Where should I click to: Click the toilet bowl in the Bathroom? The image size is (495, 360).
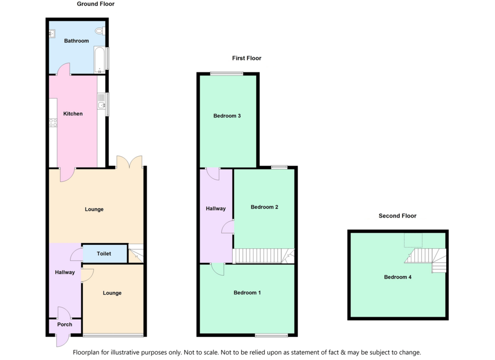pyautogui.click(x=100, y=31)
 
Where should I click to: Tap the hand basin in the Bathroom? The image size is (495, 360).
pyautogui.click(x=52, y=33)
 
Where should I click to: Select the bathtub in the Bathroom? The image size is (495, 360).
pyautogui.click(x=99, y=60)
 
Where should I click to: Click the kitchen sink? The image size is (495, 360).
pyautogui.click(x=102, y=102)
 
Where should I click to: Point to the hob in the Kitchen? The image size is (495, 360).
pyautogui.click(x=53, y=122)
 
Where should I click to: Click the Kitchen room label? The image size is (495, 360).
pyautogui.click(x=73, y=114)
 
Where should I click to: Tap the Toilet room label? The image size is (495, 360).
pyautogui.click(x=104, y=254)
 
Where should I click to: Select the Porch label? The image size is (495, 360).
pyautogui.click(x=65, y=324)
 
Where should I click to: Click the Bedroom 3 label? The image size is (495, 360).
pyautogui.click(x=227, y=116)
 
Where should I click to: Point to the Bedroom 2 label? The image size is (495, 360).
pyautogui.click(x=264, y=207)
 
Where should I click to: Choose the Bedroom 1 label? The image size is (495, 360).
pyautogui.click(x=247, y=293)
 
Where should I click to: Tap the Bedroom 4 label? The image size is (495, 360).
pyautogui.click(x=398, y=277)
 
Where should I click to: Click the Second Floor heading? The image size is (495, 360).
pyautogui.click(x=397, y=216)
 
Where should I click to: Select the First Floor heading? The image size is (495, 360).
pyautogui.click(x=247, y=58)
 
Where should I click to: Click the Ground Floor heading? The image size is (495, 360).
pyautogui.click(x=96, y=4)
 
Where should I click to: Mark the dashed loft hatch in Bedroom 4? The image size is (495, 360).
pyautogui.click(x=413, y=240)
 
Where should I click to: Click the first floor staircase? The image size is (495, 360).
pyautogui.click(x=263, y=256)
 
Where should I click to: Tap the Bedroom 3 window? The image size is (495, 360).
pyautogui.click(x=227, y=74)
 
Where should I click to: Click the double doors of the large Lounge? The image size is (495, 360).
pyautogui.click(x=130, y=161)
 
